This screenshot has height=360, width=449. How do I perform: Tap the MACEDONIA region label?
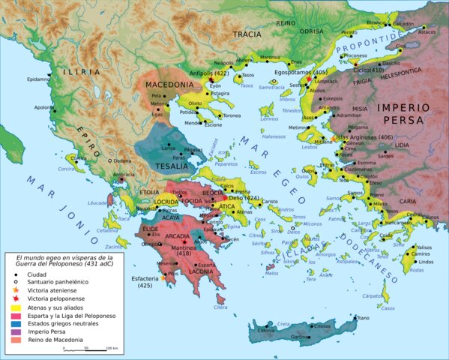point(169,84)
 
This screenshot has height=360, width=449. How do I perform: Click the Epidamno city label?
point(37,79)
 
